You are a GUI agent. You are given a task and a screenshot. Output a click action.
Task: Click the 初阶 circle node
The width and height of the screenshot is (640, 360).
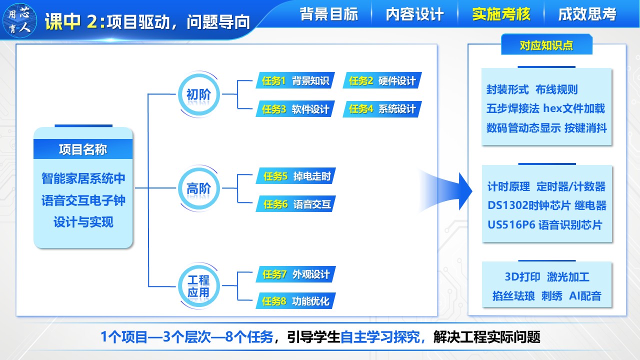198,94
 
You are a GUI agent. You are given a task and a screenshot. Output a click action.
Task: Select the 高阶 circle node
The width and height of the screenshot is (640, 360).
198,188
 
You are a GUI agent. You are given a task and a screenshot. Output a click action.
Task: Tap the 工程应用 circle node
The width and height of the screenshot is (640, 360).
198,286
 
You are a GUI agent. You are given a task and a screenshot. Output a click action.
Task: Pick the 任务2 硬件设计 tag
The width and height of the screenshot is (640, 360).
382,80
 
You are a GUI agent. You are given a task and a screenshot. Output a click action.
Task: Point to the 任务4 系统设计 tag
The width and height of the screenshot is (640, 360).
382,109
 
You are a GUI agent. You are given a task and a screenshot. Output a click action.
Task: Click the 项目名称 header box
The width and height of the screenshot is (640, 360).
83,149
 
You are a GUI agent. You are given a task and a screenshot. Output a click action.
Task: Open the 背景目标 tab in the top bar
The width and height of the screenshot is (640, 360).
329,14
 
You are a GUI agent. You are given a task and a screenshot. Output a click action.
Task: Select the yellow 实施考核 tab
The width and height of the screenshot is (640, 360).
501,14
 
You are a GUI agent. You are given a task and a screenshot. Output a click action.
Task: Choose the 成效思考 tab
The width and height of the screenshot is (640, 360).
587,14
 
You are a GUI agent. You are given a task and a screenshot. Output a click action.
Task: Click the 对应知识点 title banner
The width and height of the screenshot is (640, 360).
546,45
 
